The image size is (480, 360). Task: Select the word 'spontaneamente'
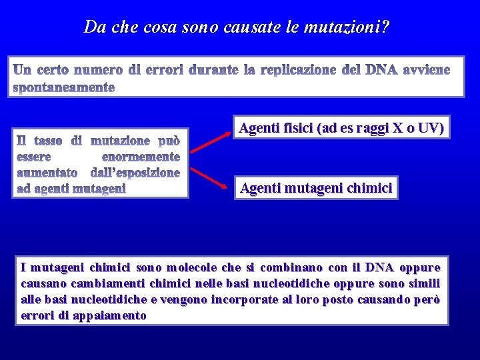pos(65,87)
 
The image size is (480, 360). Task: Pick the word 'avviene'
pos(425,70)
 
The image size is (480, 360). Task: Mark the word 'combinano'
pos(285,268)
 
